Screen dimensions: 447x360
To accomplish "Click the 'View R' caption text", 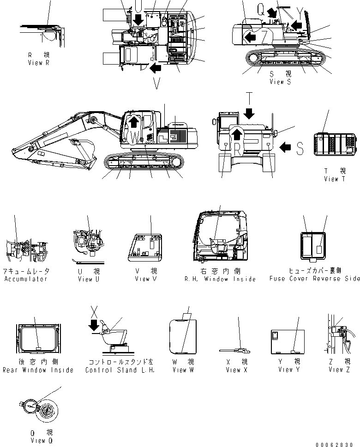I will tap(38, 62).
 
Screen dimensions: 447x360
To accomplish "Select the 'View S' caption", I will tap(280, 82).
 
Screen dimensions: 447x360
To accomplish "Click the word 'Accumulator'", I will tap(26, 279).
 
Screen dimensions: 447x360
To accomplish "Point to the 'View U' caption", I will tap(85, 279).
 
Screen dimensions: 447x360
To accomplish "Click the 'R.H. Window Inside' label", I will tap(219, 279).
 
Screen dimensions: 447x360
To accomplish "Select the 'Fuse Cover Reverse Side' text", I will tap(314, 279).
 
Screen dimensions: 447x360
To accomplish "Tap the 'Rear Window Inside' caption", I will tap(38, 370).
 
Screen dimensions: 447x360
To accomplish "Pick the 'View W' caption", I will tap(180, 370).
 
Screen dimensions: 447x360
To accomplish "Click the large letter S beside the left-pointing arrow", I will tap(300, 149).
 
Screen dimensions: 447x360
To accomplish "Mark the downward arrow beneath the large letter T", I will tap(249, 113).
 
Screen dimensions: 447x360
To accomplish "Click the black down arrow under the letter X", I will tap(95, 325).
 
